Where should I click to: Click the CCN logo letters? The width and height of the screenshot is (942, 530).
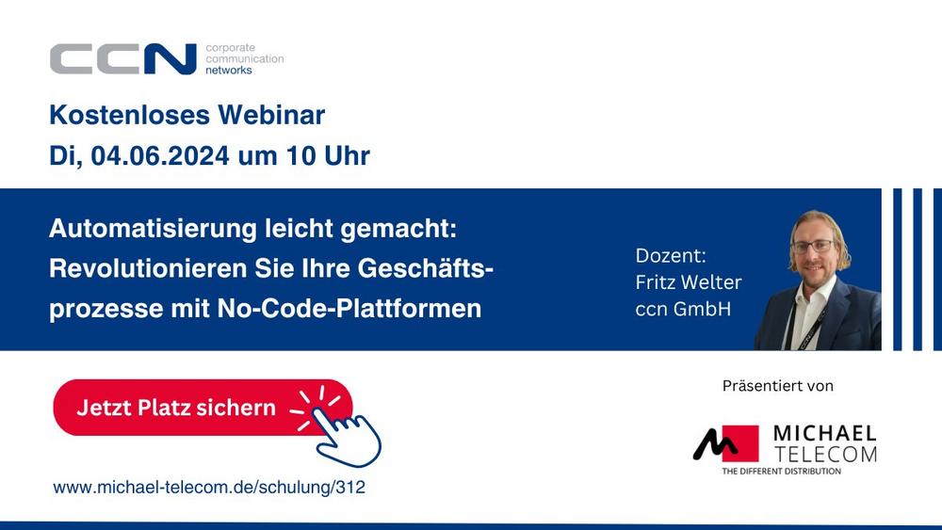(x=123, y=58)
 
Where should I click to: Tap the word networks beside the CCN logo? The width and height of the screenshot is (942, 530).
(x=229, y=71)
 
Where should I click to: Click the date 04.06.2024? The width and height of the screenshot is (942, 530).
(x=160, y=156)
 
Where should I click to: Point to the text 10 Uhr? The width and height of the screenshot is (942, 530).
(x=328, y=156)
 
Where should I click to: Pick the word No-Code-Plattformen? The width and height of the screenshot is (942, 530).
(x=349, y=309)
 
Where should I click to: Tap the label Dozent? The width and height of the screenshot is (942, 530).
(x=671, y=256)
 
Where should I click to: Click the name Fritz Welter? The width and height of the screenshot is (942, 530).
(x=689, y=282)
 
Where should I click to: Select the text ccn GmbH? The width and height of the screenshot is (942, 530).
(x=683, y=309)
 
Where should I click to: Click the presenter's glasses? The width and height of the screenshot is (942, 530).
(x=813, y=246)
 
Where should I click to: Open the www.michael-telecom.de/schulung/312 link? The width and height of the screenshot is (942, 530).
(x=209, y=488)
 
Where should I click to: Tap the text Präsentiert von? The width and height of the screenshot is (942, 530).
(x=777, y=386)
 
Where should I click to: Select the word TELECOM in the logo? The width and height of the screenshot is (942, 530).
(x=825, y=455)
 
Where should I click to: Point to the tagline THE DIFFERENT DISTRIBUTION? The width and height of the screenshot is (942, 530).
(x=782, y=472)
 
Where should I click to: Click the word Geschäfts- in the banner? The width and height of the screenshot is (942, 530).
(x=426, y=268)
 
